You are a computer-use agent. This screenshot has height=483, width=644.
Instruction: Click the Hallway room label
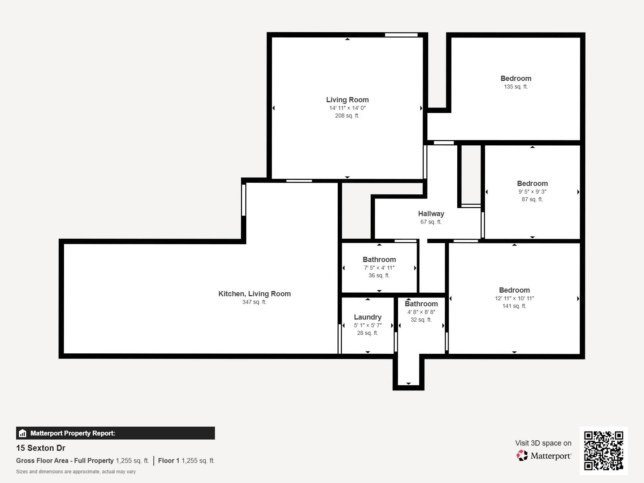[x=431, y=214]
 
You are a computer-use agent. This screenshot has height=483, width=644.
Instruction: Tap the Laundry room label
[x=367, y=317]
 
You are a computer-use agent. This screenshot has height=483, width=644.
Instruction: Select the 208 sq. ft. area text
[x=347, y=116]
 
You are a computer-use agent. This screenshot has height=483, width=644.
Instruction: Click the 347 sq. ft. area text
[x=254, y=302]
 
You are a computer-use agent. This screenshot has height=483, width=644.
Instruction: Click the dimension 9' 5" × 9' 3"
[x=532, y=192]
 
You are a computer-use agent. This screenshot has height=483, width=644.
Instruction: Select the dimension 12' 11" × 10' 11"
[x=514, y=298]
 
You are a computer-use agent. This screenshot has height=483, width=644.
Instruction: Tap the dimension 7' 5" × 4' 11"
[x=379, y=268]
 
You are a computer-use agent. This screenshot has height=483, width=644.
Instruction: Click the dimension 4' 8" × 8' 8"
[x=421, y=312]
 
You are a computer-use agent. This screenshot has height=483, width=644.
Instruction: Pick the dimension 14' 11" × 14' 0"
[x=347, y=108]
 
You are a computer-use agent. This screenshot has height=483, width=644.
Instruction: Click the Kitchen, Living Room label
[x=254, y=294]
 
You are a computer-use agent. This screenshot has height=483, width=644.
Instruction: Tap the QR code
[x=603, y=450]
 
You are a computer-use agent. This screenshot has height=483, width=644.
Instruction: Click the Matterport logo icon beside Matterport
[x=522, y=456]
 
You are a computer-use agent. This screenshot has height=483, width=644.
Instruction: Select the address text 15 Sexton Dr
[x=41, y=448]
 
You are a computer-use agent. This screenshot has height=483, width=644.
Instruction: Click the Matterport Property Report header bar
[x=115, y=433]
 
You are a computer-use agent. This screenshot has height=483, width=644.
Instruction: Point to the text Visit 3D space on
[x=543, y=443]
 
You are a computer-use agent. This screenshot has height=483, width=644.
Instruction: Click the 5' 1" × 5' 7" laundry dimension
[x=367, y=325]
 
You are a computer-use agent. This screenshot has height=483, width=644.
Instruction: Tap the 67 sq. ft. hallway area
[x=431, y=222]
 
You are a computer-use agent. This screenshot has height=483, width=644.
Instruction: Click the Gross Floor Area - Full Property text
[x=65, y=460]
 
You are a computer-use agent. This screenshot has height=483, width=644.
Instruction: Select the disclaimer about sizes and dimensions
[x=76, y=472]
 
